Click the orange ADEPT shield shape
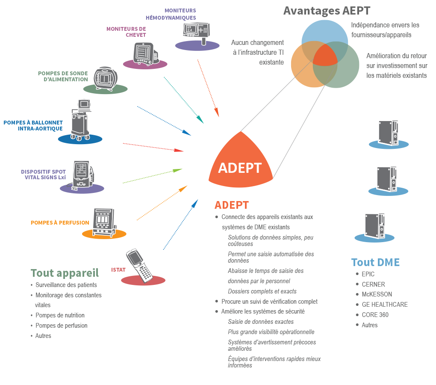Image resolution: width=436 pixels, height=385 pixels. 240,163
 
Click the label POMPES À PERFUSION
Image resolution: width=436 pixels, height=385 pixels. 60,222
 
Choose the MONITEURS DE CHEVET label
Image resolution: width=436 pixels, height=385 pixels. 126,32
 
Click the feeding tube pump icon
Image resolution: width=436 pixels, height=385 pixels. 106,78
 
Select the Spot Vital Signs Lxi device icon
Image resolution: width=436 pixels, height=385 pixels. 82,174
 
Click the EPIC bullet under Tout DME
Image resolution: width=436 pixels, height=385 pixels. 368,274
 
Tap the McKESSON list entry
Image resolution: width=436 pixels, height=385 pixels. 377,294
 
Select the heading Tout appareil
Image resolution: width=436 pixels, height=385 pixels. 65,273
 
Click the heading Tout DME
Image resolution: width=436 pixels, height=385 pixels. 375,262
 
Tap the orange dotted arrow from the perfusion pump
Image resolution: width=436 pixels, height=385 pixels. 162,203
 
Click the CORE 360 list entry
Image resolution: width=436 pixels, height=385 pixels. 375,315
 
